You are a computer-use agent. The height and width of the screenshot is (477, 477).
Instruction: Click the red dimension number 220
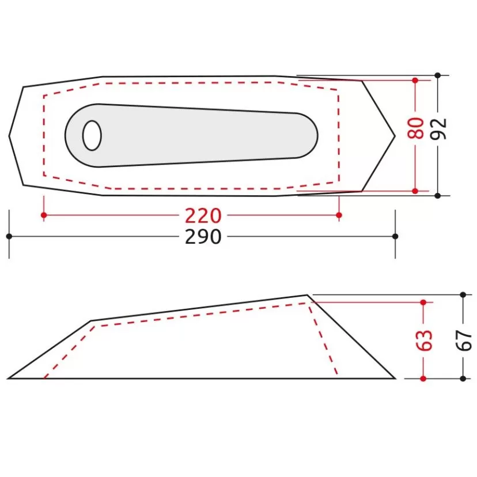(x=203, y=215)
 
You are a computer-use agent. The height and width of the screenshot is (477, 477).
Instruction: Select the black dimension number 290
(x=203, y=236)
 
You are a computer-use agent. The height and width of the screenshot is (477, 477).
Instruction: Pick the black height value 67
(x=464, y=340)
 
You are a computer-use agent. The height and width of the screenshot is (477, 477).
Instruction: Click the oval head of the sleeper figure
(x=92, y=136)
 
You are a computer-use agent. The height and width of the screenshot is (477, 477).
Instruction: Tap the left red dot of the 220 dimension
(x=44, y=215)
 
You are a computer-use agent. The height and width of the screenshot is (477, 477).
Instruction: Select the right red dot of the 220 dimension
(x=339, y=215)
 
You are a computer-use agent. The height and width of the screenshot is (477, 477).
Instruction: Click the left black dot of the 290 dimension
(x=9, y=236)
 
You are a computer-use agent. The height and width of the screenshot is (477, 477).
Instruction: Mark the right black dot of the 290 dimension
(x=395, y=236)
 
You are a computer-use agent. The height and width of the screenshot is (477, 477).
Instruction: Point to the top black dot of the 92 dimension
(x=438, y=75)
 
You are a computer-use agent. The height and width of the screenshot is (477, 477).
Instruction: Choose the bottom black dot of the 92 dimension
(x=438, y=196)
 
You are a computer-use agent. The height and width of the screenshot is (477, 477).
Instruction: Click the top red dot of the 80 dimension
(x=415, y=80)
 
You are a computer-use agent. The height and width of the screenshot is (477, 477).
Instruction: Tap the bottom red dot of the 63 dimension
(x=423, y=378)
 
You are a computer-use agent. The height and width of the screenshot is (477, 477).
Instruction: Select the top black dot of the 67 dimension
(x=463, y=295)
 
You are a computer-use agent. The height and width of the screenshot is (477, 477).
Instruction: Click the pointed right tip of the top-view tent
(x=395, y=136)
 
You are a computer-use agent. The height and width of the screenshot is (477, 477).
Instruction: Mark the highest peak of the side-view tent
(x=308, y=296)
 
